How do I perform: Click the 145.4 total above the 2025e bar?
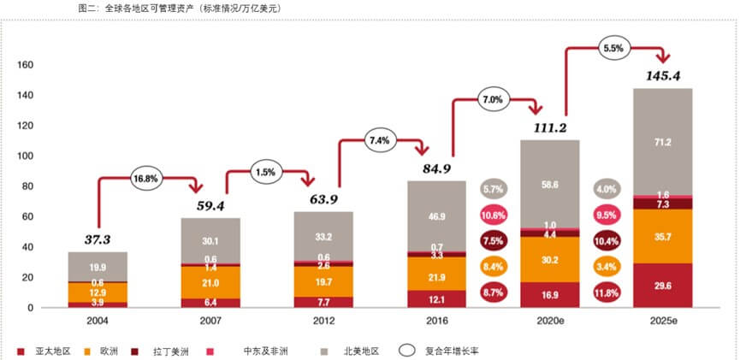pyautogui.click(x=662, y=76)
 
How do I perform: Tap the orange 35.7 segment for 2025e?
pyautogui.click(x=662, y=235)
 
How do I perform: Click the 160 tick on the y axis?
pyautogui.click(x=26, y=65)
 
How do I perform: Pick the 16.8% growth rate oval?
pyautogui.click(x=146, y=178)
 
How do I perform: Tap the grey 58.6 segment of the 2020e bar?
pyautogui.click(x=550, y=184)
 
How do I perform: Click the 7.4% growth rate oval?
pyautogui.click(x=379, y=139)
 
